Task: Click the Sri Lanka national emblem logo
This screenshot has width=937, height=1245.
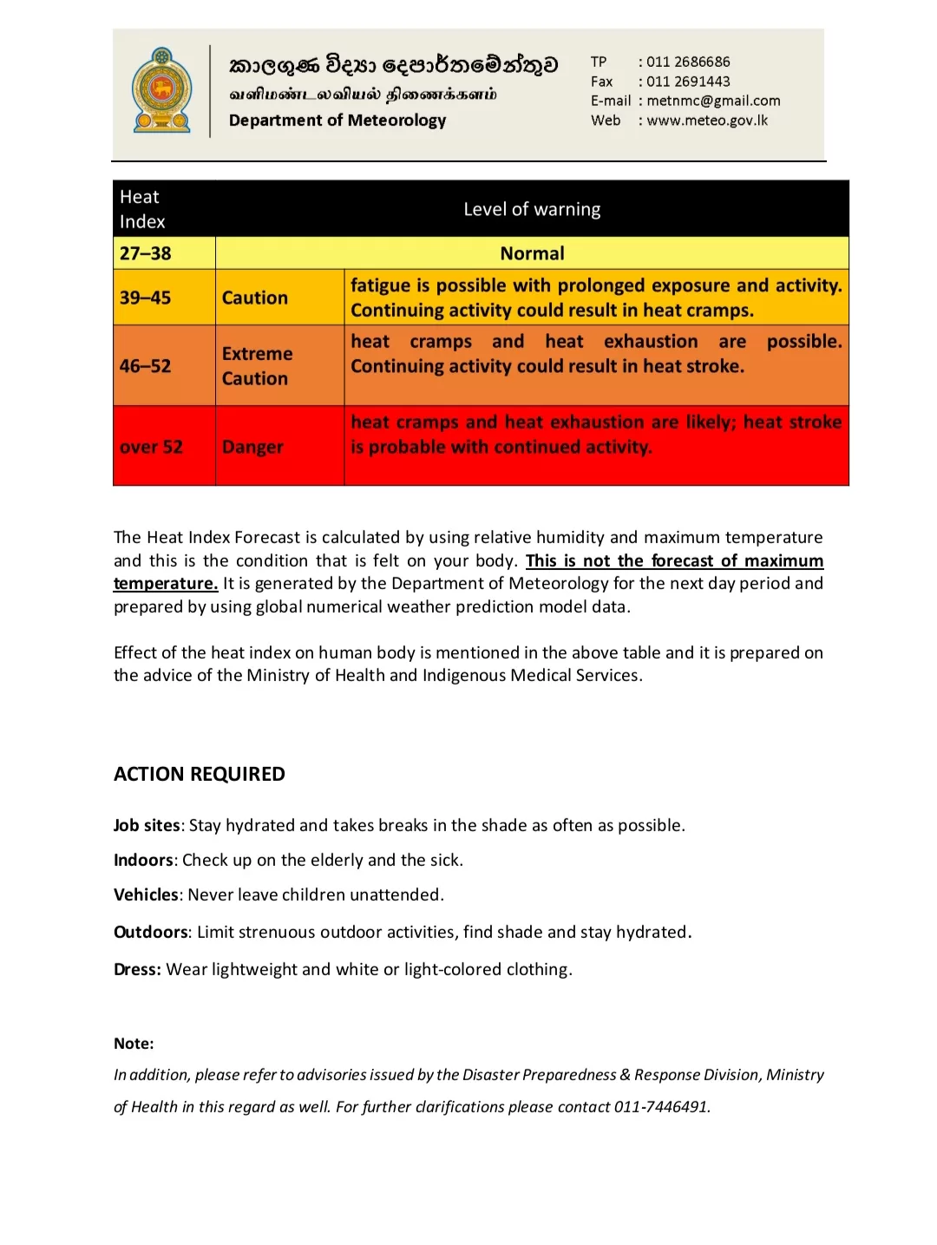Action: pyautogui.click(x=161, y=90)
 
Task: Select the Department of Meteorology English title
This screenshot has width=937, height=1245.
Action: pyautogui.click(x=337, y=121)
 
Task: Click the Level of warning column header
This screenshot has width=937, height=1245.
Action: pyautogui.click(x=532, y=209)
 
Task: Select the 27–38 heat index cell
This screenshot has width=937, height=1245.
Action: pyautogui.click(x=146, y=253)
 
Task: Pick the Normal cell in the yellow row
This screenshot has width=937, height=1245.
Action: pyautogui.click(x=532, y=253)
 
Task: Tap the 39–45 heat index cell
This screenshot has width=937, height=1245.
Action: pyautogui.click(x=145, y=298)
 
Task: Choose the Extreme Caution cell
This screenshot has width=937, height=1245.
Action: pyautogui.click(x=257, y=366)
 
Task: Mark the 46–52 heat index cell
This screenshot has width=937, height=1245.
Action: pyautogui.click(x=145, y=366)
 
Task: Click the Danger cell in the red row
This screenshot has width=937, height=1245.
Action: pyautogui.click(x=252, y=447)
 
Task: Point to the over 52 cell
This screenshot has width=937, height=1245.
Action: pyautogui.click(x=151, y=447)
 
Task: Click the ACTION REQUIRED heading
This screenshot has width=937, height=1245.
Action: pyautogui.click(x=200, y=774)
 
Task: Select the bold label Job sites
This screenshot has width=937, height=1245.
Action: pyautogui.click(x=147, y=825)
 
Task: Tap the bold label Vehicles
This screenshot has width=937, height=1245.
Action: pyautogui.click(x=146, y=894)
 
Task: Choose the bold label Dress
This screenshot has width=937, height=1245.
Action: pyautogui.click(x=137, y=969)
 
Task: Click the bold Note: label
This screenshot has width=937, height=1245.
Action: pyautogui.click(x=134, y=1044)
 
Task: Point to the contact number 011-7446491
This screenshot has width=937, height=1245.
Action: pyautogui.click(x=661, y=1107)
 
